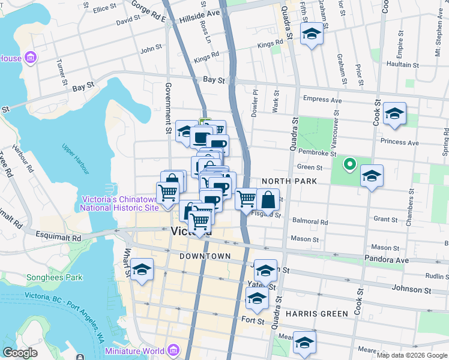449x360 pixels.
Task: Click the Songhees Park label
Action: point(54,278)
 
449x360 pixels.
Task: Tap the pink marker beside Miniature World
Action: point(173,350)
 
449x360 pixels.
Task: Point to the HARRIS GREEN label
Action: point(316,314)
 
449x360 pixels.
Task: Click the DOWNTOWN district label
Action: point(205,256)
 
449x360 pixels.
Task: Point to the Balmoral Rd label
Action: point(310,221)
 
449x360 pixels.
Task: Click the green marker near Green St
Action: point(349,163)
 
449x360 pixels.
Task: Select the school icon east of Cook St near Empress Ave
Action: point(394,113)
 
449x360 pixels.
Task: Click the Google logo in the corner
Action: point(20,353)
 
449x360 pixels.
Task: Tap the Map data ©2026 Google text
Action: point(412,355)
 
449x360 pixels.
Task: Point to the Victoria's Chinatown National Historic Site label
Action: point(121,203)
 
